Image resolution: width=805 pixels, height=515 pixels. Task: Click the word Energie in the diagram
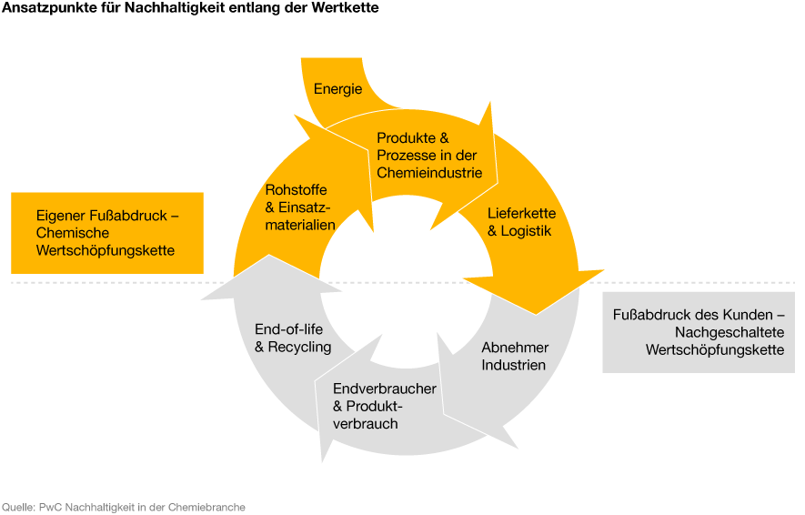337,89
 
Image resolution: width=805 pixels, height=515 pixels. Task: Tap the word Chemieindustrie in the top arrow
429,173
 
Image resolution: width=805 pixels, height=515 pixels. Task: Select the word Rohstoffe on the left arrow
296,190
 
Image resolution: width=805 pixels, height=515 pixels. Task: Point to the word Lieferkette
521,213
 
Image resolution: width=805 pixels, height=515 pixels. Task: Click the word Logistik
526,231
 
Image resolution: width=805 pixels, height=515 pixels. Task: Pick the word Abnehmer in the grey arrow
515,348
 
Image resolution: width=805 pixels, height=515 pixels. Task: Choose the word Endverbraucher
385,389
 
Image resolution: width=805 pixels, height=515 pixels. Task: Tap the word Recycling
299,348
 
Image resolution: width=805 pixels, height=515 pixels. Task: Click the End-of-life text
288,329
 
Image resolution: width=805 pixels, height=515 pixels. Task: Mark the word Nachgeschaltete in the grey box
729,332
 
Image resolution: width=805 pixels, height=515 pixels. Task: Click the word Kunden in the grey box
749,314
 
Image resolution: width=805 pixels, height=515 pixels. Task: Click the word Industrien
513,365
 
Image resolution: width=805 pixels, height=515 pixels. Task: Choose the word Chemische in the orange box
73,233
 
